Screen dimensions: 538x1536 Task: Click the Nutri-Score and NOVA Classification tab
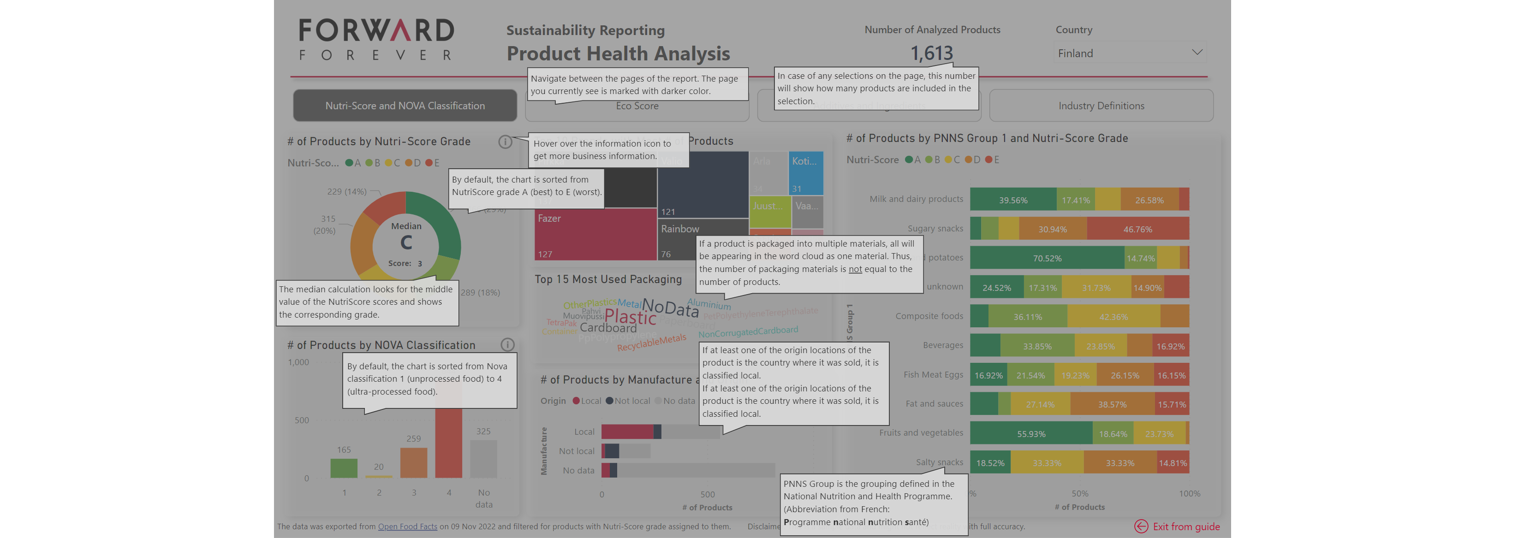(405, 106)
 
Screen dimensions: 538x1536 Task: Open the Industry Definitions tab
(1101, 106)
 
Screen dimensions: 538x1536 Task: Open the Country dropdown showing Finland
(1129, 53)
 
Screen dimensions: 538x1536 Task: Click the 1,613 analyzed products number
(931, 53)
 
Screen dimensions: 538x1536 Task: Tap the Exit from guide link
(1185, 526)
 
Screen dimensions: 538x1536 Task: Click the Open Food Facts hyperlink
(407, 526)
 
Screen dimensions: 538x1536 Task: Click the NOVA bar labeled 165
(344, 468)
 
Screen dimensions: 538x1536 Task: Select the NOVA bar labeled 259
(413, 463)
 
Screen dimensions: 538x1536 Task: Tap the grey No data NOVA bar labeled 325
(483, 459)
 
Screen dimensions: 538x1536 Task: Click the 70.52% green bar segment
(1047, 258)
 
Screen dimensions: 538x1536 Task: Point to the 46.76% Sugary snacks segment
(1137, 229)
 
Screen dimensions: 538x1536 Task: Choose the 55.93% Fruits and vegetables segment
(1030, 434)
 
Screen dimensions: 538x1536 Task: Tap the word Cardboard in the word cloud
(607, 328)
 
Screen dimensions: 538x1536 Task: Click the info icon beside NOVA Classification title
(507, 344)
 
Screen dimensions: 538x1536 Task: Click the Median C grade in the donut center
(406, 242)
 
